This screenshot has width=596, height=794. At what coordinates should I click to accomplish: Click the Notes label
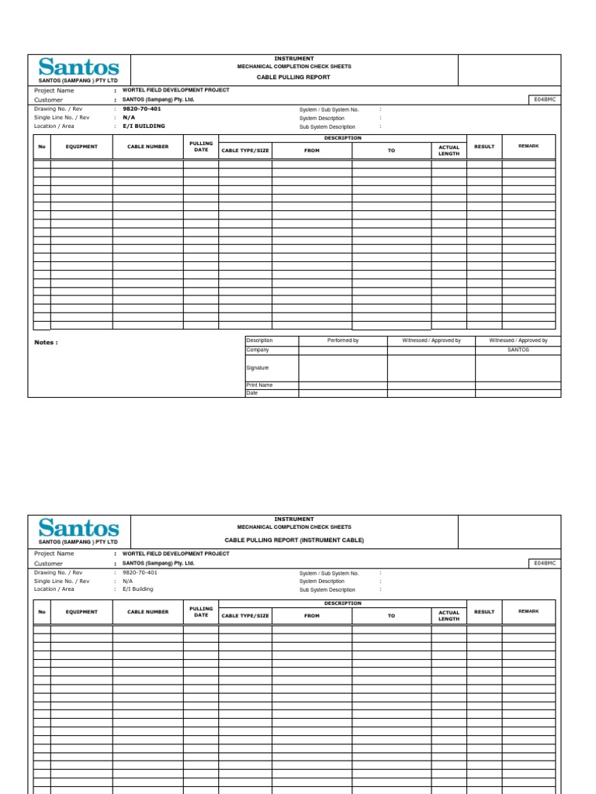tap(46, 342)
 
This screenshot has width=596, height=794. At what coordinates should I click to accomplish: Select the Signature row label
tap(258, 368)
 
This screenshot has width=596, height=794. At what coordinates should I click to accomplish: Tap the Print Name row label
tap(259, 385)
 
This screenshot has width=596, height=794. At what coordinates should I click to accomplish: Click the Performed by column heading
tap(343, 340)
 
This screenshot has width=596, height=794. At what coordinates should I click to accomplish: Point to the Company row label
tap(257, 350)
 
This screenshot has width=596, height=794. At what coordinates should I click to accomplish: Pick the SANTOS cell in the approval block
tap(518, 350)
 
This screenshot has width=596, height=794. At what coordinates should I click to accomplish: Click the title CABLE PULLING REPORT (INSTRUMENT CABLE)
tap(294, 540)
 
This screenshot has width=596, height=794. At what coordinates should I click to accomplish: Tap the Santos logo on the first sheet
tap(78, 68)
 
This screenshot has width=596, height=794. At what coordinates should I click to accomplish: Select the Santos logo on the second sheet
tap(78, 530)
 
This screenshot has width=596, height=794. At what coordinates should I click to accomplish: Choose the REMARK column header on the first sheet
tap(528, 145)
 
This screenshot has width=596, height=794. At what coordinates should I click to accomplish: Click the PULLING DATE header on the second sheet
tap(201, 612)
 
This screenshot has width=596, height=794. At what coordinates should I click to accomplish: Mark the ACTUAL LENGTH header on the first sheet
tap(449, 150)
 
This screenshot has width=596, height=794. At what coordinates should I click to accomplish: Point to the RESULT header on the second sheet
tap(484, 612)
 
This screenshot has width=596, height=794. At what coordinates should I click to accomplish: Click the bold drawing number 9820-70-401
tap(142, 109)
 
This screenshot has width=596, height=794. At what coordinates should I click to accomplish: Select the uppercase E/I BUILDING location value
tap(144, 126)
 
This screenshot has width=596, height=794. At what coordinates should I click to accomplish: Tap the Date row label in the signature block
tap(251, 393)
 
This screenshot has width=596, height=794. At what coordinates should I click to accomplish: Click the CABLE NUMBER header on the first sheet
tap(147, 147)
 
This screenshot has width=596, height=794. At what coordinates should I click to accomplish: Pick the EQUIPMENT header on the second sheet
tap(81, 612)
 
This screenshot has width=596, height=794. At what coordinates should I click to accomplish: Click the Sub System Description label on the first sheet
tap(327, 127)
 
